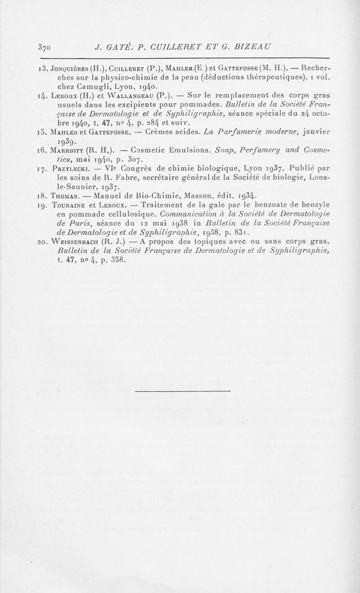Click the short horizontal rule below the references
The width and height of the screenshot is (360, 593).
pos(183,391)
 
